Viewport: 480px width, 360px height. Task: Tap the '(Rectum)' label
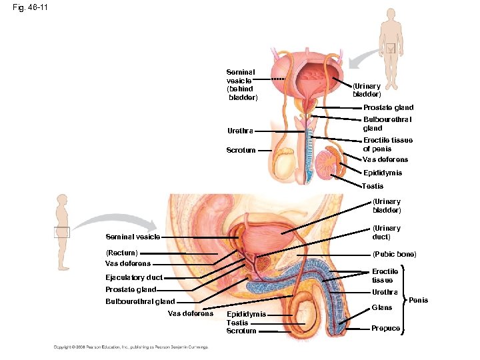click(x=122, y=253)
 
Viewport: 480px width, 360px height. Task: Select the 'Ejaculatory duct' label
click(x=134, y=277)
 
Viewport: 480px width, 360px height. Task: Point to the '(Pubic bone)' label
click(x=395, y=254)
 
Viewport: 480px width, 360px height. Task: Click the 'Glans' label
click(x=381, y=307)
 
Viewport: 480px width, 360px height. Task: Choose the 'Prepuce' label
click(x=386, y=328)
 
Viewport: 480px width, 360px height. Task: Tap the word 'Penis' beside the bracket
click(x=418, y=301)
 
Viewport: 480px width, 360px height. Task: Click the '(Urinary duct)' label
click(x=387, y=232)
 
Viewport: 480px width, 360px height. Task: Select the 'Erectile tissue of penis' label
click(x=387, y=145)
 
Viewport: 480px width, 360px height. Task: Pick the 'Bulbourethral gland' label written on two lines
click(x=387, y=123)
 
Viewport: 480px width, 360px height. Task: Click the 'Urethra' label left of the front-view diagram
click(x=240, y=131)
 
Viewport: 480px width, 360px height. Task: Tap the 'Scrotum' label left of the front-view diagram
click(x=241, y=151)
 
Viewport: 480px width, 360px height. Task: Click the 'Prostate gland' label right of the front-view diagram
click(x=388, y=107)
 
